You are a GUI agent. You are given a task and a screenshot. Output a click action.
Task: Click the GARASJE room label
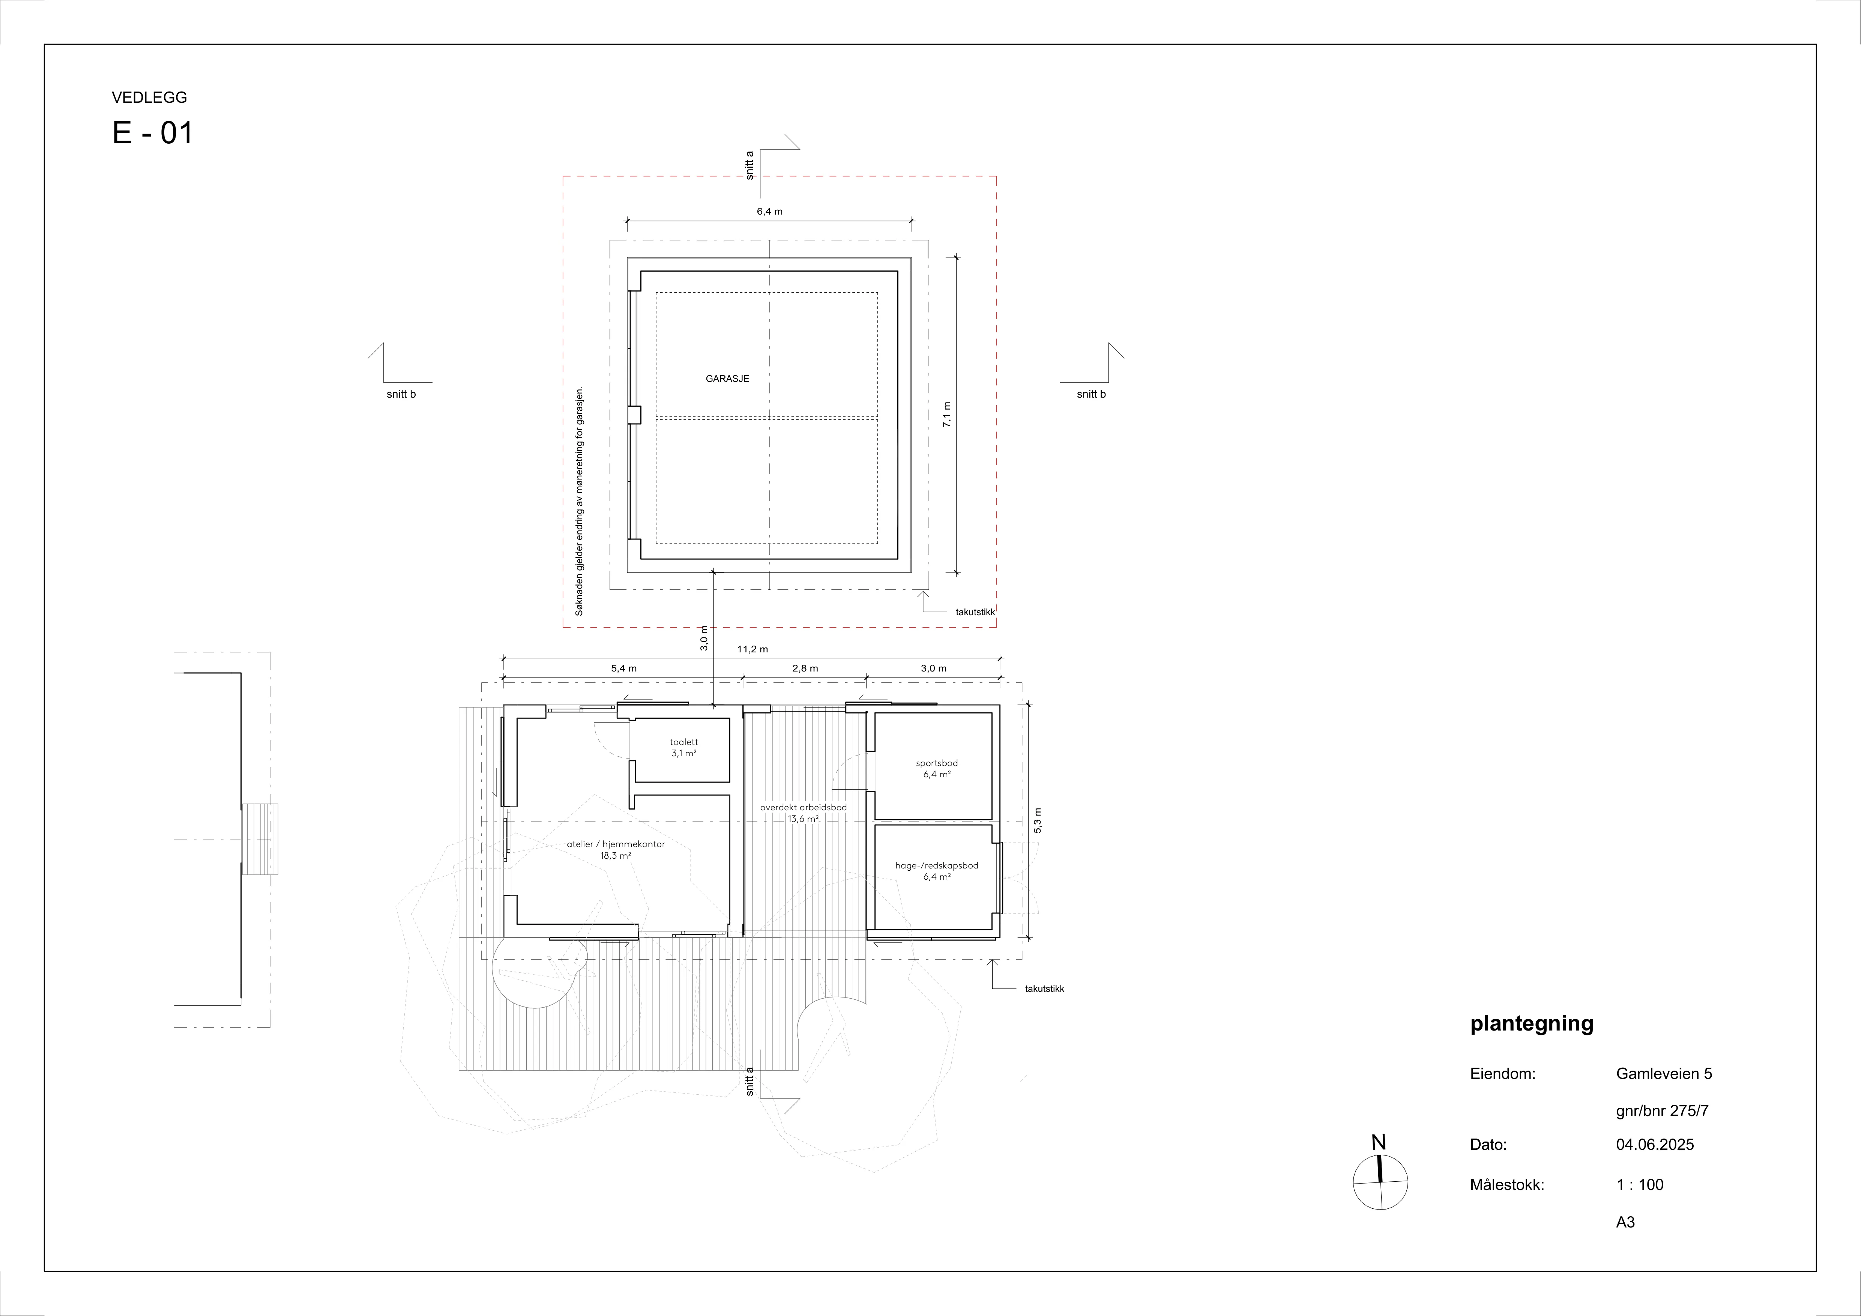(727, 379)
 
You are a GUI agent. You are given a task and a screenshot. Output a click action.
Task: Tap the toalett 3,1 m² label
(683, 747)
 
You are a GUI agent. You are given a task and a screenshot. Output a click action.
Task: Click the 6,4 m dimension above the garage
(769, 212)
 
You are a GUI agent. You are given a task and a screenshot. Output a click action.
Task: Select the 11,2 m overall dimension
(752, 649)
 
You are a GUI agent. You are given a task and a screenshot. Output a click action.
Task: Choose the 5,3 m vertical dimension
(1038, 822)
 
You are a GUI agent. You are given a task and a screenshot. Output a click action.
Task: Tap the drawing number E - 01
(153, 133)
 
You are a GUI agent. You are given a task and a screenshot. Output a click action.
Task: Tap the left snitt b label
(401, 395)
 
